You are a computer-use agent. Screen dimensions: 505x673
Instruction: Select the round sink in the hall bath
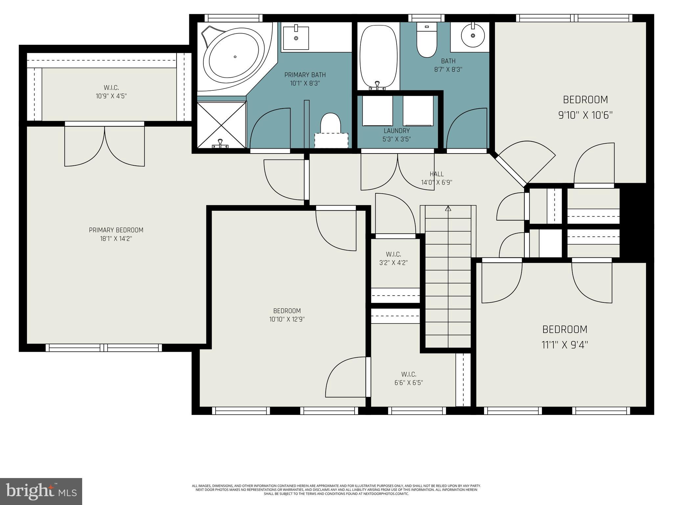point(473,35)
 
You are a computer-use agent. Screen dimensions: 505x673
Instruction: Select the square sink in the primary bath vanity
point(296,38)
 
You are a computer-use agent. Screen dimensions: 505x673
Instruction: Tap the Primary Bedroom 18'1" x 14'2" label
point(116,234)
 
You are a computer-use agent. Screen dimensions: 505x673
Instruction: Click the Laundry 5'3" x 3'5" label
point(397,135)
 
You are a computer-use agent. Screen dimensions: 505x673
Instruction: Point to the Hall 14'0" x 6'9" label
point(436,178)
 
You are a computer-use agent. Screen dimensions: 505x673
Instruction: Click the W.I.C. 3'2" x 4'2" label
point(393,258)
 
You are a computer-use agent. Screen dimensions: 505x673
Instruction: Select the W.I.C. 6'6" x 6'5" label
point(408,378)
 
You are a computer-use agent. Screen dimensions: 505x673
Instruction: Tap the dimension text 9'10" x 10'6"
point(585,115)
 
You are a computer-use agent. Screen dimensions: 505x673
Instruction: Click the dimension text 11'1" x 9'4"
point(565,345)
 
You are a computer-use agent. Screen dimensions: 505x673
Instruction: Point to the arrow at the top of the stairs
point(448,208)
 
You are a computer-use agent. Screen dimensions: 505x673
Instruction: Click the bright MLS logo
point(41,491)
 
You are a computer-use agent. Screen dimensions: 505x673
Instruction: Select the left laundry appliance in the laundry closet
point(377,111)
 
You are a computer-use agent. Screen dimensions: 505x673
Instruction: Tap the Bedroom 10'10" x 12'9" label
point(287,315)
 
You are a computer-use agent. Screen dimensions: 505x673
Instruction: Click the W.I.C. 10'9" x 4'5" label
point(111,92)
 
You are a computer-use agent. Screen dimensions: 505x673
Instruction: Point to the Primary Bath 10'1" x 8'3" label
point(305,79)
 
